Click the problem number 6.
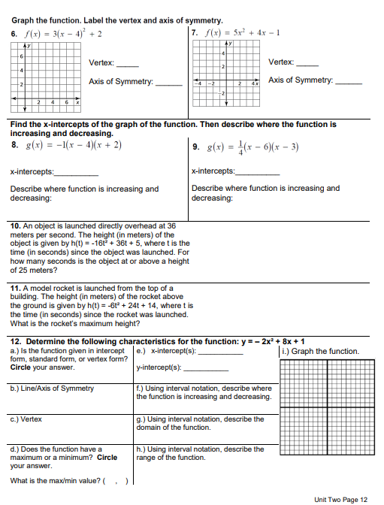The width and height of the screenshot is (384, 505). click(14, 35)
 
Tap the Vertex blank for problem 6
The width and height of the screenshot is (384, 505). click(128, 64)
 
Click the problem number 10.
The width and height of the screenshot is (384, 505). click(16, 225)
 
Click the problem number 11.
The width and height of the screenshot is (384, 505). click(15, 288)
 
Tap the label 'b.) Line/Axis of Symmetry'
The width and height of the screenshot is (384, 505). click(53, 389)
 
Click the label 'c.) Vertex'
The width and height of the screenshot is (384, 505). click(26, 419)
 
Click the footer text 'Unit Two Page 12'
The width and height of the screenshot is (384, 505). click(341, 499)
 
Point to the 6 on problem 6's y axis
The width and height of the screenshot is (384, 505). click(22, 57)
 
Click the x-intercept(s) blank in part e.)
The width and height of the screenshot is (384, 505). click(219, 353)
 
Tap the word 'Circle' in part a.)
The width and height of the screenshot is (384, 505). click(21, 367)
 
